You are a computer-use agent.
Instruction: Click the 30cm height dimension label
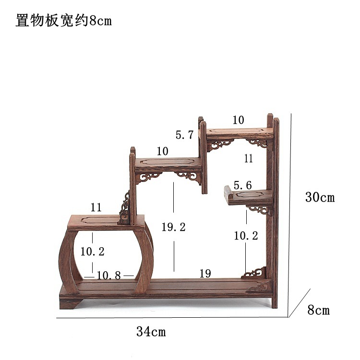tap(319, 197)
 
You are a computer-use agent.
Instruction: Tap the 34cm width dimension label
tap(151, 331)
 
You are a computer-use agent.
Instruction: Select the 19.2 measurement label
tap(173, 228)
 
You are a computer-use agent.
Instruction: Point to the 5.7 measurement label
tap(184, 135)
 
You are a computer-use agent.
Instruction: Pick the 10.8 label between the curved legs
tap(108, 276)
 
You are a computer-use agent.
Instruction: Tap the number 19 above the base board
tap(205, 274)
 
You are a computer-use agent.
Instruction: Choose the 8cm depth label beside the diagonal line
tap(318, 310)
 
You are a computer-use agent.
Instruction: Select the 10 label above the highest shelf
tap(238, 120)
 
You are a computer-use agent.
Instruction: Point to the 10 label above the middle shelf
tap(162, 152)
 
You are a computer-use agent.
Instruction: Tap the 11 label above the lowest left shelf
tap(96, 208)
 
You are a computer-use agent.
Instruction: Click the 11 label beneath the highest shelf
tap(248, 159)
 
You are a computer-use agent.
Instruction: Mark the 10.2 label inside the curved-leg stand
tap(92, 251)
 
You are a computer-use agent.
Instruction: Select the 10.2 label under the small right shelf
tap(246, 236)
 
